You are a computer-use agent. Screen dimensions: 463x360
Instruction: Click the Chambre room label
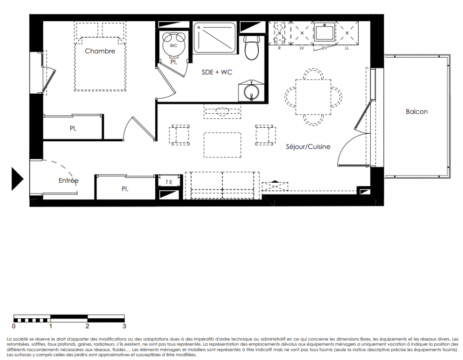[x=100, y=51]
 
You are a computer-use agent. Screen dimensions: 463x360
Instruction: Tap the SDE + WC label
[x=217, y=72]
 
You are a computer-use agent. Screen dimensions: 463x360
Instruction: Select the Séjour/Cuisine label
[x=308, y=147]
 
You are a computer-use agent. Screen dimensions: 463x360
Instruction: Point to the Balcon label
[x=417, y=111]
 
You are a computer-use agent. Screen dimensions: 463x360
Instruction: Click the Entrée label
[x=68, y=180]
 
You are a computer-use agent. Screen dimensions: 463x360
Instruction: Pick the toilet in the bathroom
[x=251, y=47]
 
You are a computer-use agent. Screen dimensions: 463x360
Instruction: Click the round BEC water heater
[x=174, y=44]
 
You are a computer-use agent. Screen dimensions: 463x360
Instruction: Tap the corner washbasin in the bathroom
[x=251, y=90]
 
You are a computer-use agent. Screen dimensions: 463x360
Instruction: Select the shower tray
[x=215, y=38]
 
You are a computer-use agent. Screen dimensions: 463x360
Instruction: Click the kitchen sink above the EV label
[x=324, y=32]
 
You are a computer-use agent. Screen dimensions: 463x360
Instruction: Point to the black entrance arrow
[x=18, y=179]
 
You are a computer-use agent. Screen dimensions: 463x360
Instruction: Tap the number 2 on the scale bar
[x=87, y=326]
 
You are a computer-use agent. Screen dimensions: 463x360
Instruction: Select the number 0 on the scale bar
[x=14, y=326]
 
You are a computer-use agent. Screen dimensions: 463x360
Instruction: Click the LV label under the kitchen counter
[x=302, y=48]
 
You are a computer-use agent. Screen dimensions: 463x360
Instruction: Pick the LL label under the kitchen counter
[x=346, y=48]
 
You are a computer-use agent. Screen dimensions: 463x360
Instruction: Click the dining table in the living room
[x=313, y=97]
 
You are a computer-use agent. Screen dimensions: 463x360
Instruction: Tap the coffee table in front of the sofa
[x=222, y=145]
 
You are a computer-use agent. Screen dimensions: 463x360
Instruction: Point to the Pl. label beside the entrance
[x=125, y=189]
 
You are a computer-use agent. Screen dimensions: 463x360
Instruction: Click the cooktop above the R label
[x=279, y=33]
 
